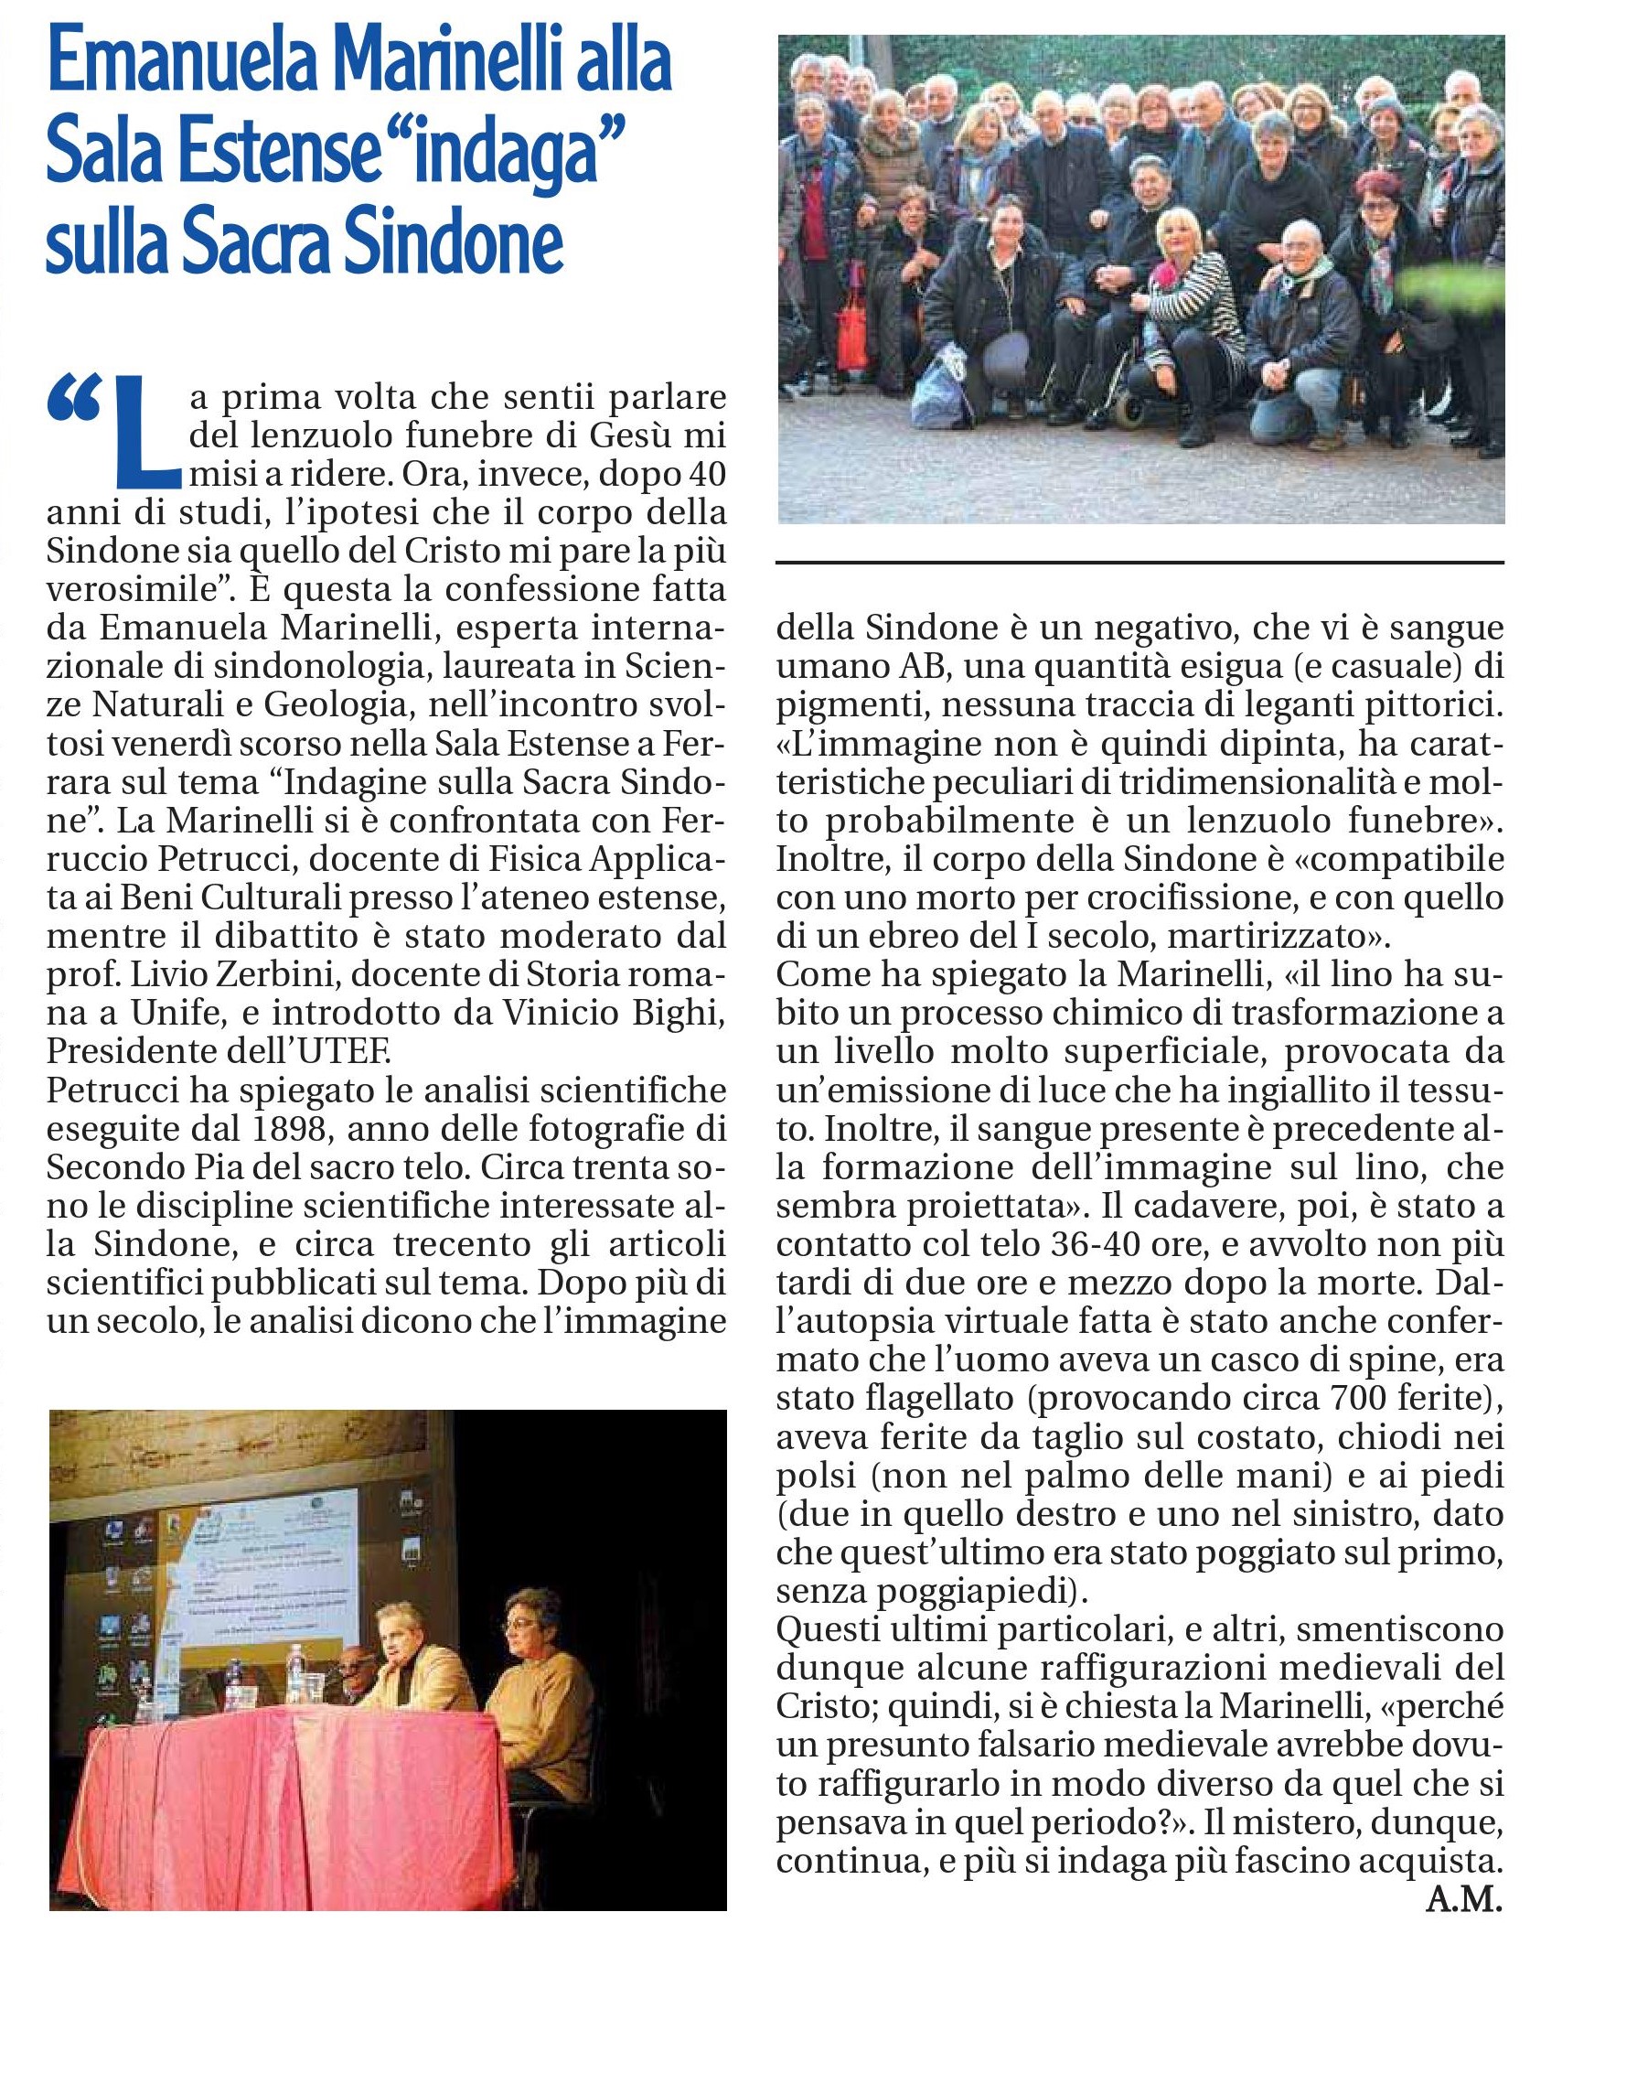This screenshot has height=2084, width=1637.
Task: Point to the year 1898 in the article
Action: pyautogui.click(x=294, y=1129)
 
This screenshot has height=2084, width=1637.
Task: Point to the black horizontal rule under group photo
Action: pyautogui.click(x=1139, y=562)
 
